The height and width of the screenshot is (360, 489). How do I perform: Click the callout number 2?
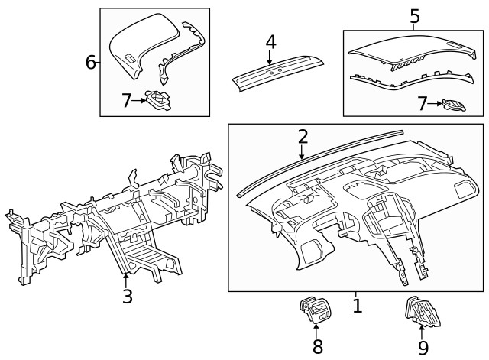(303, 136)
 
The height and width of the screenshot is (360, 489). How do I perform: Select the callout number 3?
(127, 296)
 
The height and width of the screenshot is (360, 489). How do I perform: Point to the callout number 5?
(414, 15)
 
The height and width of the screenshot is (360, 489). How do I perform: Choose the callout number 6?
(90, 62)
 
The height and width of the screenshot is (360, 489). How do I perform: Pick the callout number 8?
(317, 346)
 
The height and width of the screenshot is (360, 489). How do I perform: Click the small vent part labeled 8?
(314, 312)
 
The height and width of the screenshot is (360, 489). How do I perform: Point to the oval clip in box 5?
(454, 103)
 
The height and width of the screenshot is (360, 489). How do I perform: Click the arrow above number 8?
(317, 331)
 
